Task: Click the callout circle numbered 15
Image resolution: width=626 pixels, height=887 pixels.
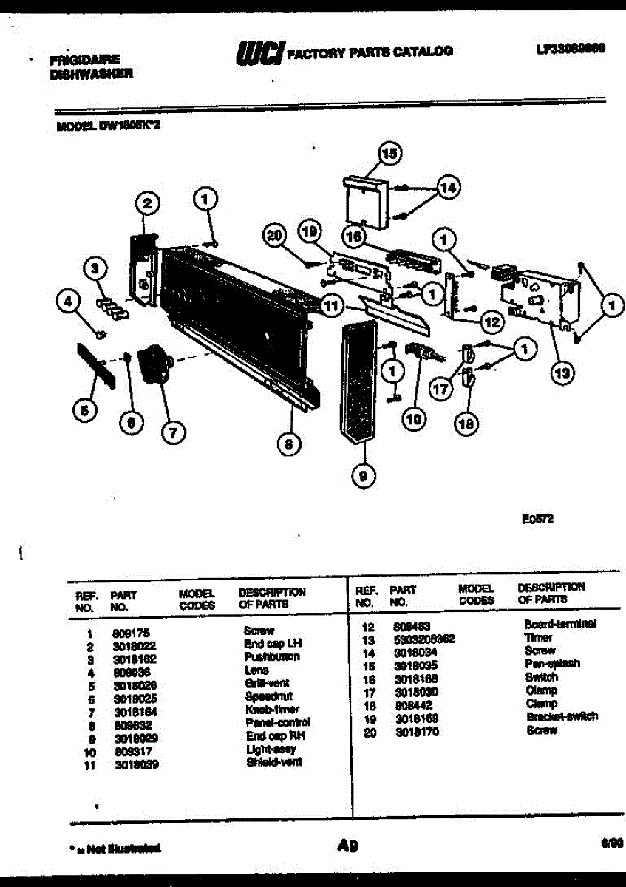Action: pos(389,154)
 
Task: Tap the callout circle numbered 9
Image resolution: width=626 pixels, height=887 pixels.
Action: pos(362,477)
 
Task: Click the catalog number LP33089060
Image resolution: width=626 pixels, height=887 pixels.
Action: pos(571,49)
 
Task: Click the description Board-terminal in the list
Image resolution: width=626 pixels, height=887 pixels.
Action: pos(559,624)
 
